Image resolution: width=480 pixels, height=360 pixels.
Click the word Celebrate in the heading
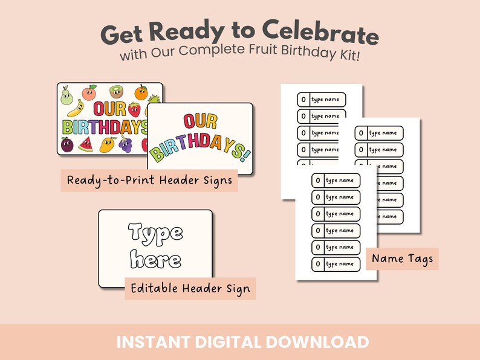tap(320, 33)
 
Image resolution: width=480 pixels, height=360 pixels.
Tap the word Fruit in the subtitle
tap(263, 50)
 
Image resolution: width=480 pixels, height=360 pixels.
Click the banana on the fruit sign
tap(76, 108)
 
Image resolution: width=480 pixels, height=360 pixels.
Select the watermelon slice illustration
tap(86, 144)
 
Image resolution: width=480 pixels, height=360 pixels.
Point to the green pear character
tap(66, 95)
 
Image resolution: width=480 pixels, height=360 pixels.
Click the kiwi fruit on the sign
tap(117, 91)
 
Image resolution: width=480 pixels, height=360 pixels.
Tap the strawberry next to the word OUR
tap(134, 109)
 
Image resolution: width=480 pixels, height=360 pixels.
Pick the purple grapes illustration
tap(125, 144)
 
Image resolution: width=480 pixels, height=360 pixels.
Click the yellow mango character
tap(108, 145)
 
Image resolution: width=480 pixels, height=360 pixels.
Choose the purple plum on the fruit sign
tap(67, 146)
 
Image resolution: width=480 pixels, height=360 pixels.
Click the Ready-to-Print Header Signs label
tap(149, 181)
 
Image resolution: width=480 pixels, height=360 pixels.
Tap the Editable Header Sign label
tap(190, 289)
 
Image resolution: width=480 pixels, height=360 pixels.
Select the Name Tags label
tap(402, 259)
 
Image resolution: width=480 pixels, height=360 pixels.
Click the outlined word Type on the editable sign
tap(155, 234)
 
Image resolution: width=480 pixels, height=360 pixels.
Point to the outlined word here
tap(155, 259)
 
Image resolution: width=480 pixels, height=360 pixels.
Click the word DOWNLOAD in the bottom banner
tap(317, 342)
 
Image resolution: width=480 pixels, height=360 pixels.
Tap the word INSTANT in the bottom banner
tap(154, 342)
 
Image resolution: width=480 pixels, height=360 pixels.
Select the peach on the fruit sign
tap(89, 92)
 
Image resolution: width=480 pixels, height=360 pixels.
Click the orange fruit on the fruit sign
tap(141, 92)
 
